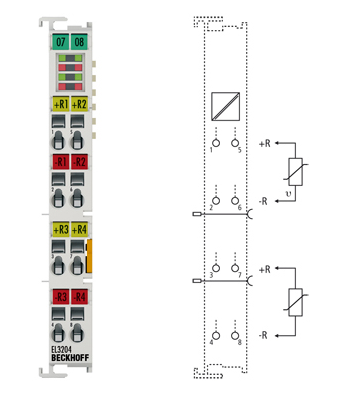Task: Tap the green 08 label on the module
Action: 78,43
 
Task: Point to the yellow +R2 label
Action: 79,104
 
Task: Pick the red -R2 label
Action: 79,161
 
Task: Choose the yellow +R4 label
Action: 79,230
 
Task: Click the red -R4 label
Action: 79,296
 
